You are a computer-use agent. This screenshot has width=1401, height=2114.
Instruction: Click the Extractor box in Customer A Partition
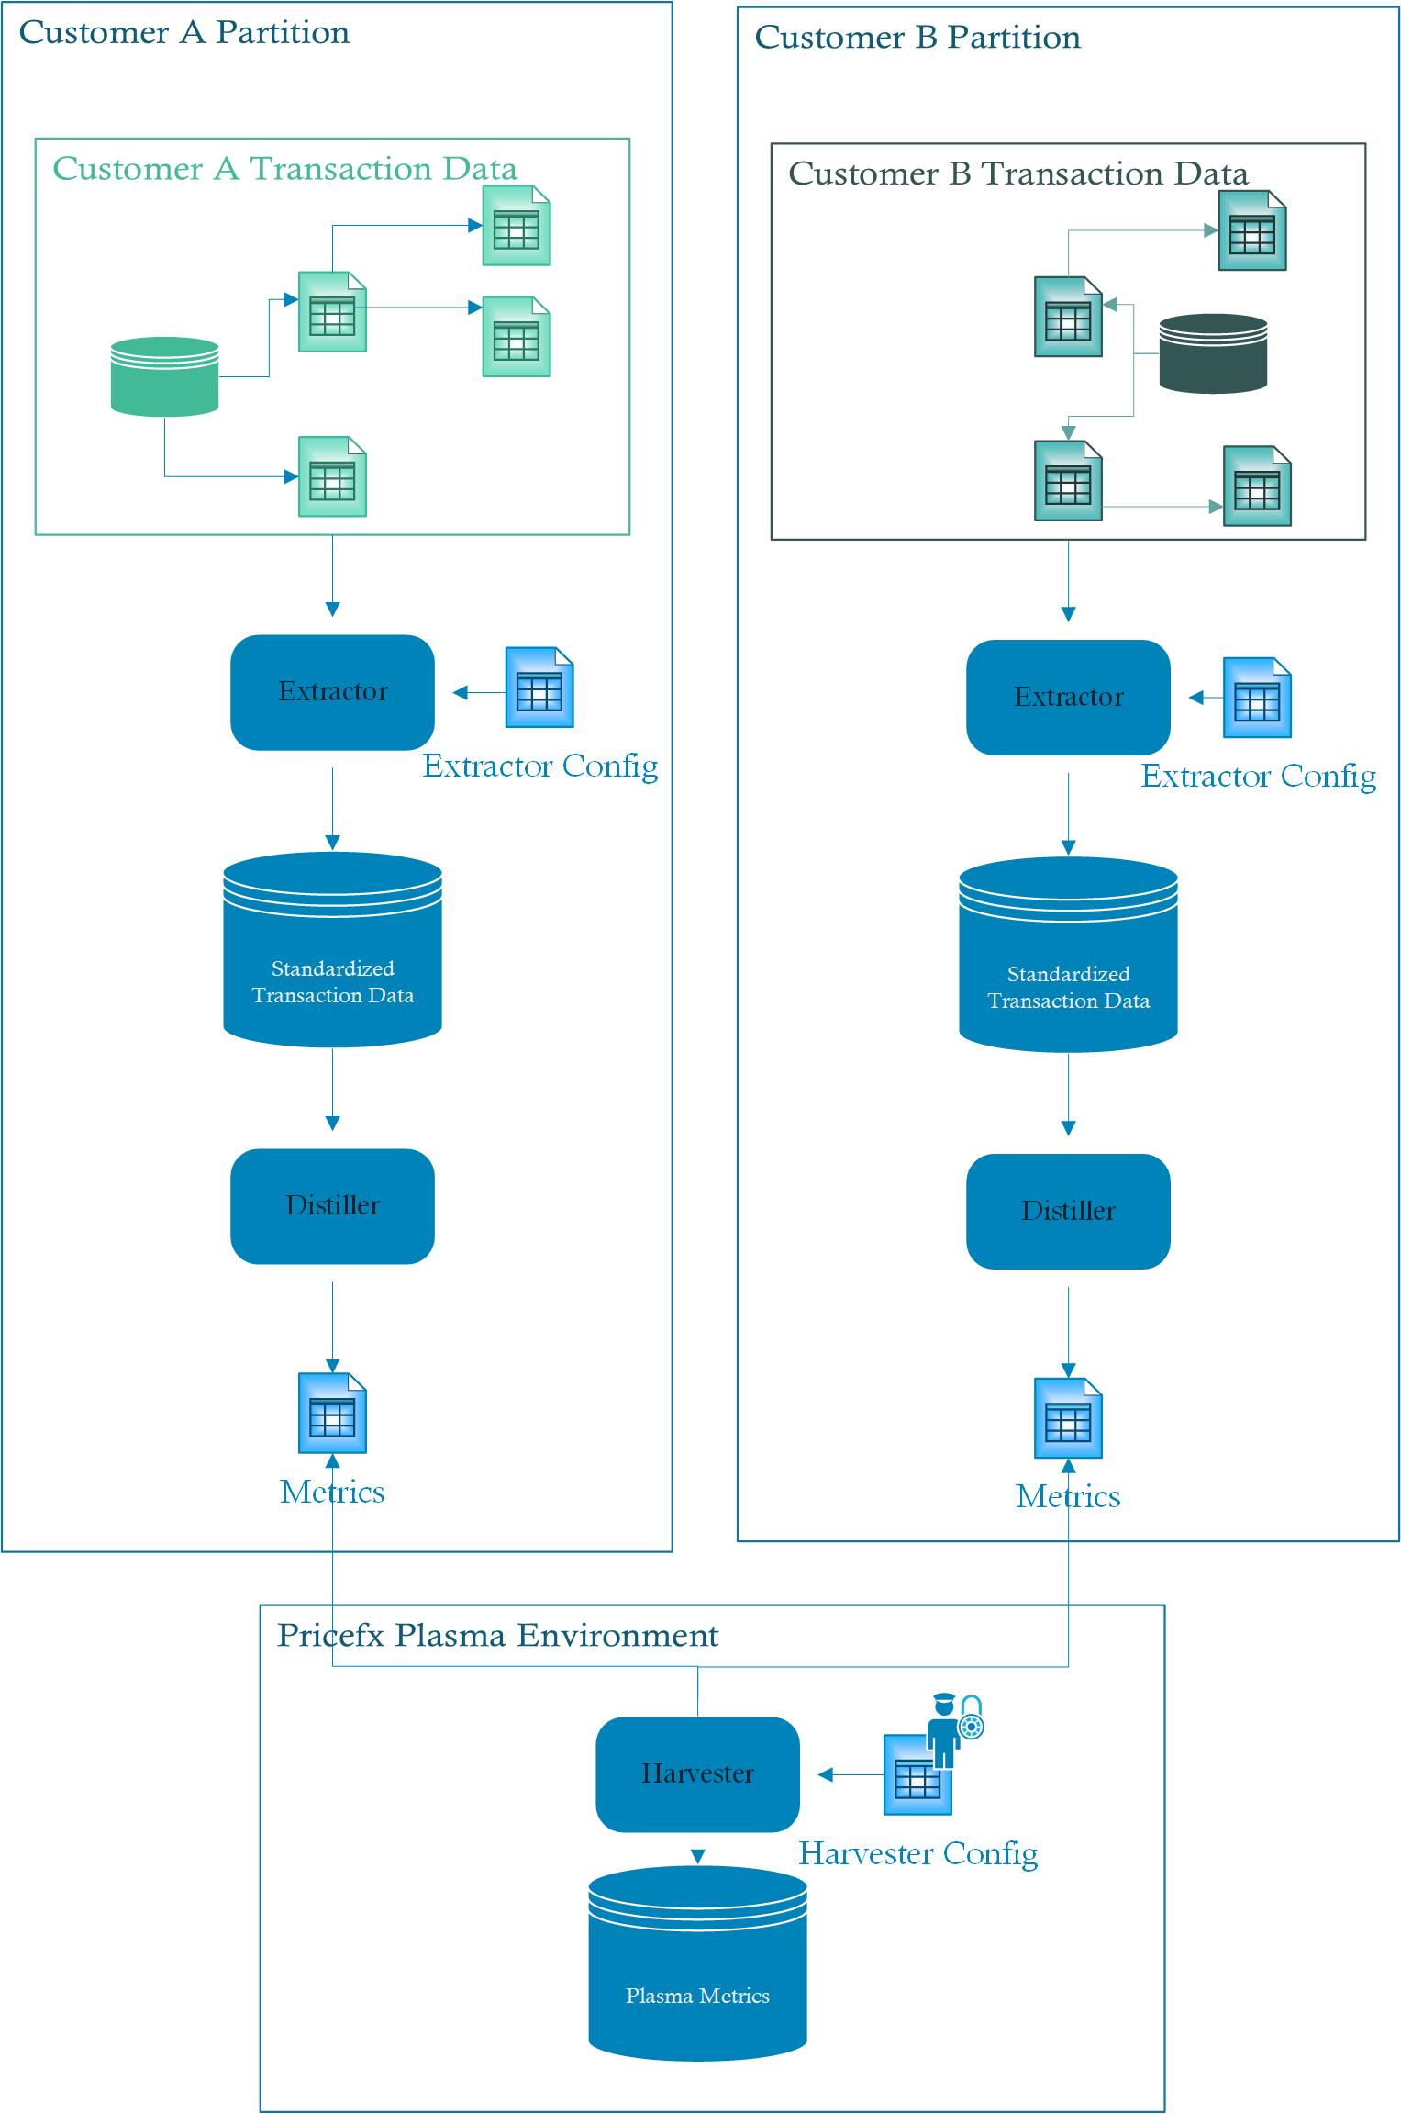(332, 692)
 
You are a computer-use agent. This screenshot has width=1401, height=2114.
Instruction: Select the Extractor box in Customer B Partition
(1068, 698)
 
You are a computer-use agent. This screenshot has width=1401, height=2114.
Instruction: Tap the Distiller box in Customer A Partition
(332, 1206)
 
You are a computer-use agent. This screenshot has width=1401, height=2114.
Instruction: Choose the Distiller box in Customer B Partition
(1068, 1212)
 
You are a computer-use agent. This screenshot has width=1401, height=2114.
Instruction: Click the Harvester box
(697, 1773)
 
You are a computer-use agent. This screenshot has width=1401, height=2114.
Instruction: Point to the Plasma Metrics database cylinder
(697, 1964)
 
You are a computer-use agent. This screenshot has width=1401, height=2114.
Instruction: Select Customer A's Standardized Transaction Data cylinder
(332, 955)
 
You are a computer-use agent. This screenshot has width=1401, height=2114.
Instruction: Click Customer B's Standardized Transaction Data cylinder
(1068, 960)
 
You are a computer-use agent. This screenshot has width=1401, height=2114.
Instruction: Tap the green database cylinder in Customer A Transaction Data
(164, 377)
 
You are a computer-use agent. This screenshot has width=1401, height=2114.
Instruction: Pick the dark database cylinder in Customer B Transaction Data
(1213, 354)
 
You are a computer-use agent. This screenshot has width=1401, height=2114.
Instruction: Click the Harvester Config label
(918, 1853)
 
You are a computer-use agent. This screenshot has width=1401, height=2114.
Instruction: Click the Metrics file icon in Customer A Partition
(332, 1413)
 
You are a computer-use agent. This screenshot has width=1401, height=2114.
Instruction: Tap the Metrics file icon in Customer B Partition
(1068, 1418)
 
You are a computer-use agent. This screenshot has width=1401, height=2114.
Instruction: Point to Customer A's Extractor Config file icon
(539, 688)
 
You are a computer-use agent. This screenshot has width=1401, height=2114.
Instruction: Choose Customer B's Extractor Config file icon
(1257, 698)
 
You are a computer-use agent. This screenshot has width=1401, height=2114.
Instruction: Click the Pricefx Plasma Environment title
(497, 1635)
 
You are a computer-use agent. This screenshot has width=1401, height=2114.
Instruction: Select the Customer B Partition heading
(917, 38)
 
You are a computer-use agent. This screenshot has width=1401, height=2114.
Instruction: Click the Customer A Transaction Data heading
(284, 169)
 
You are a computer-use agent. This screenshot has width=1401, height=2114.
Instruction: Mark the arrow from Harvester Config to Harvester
(849, 1774)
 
